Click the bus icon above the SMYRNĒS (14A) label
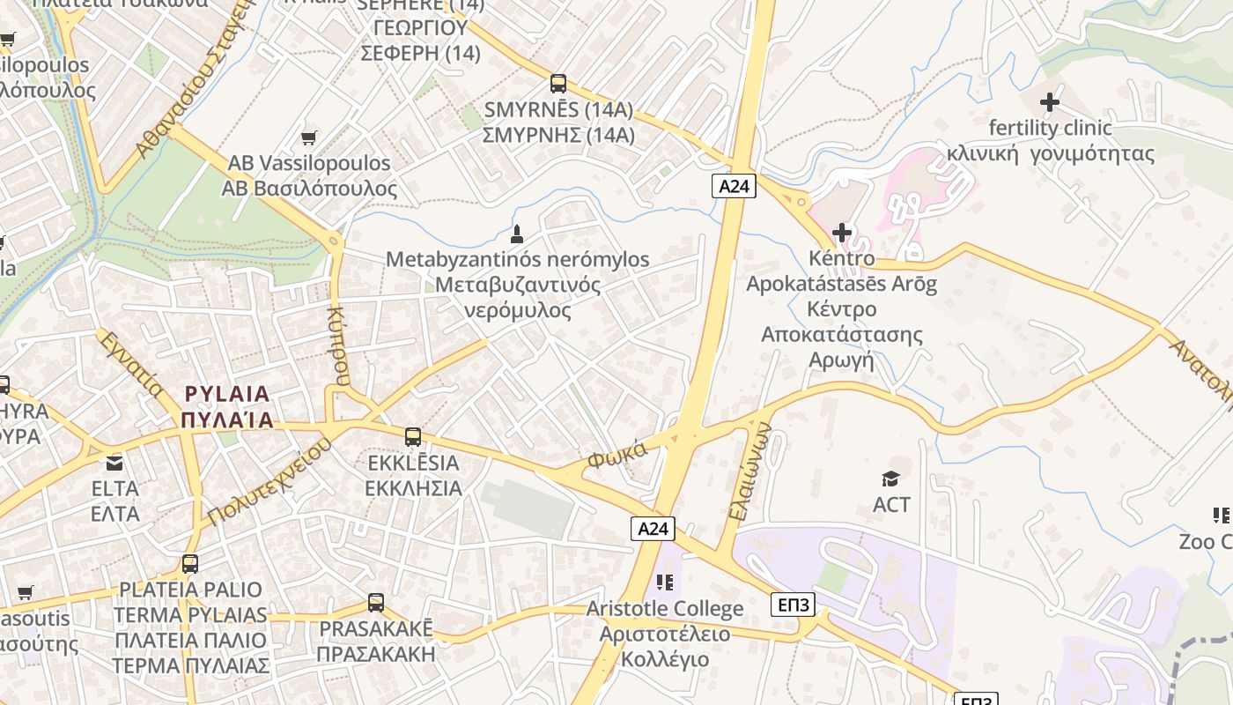click(557, 84)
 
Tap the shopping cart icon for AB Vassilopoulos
click(308, 137)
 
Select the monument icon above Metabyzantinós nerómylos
click(517, 234)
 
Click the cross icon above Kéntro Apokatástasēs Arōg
click(842, 233)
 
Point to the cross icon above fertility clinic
click(1049, 102)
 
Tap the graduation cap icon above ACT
click(890, 479)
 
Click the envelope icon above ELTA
click(114, 463)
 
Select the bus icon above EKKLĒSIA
click(412, 436)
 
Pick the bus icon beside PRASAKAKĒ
click(376, 603)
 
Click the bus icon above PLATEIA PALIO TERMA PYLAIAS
click(190, 564)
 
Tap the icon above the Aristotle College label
click(665, 583)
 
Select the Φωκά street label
click(617, 455)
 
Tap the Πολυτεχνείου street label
click(270, 481)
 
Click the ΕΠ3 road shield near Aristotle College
click(793, 605)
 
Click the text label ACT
click(891, 504)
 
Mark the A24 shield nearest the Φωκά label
click(653, 528)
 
